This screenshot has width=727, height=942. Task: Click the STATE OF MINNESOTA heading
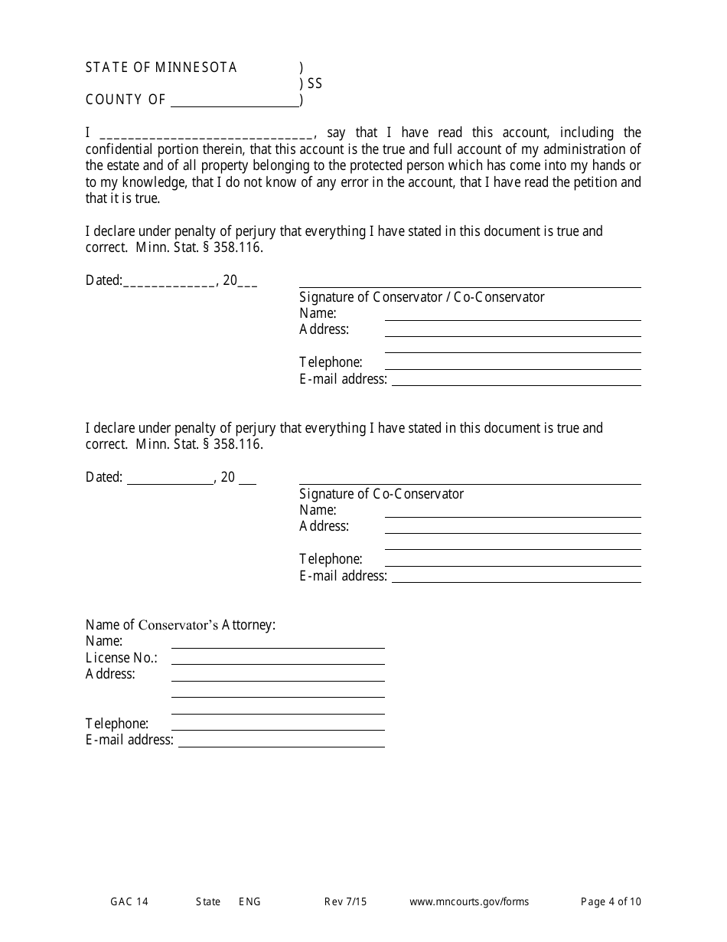pos(161,67)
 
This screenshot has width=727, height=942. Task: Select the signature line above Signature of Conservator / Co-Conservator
pos(469,286)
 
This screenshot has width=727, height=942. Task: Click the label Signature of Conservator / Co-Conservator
pos(422,297)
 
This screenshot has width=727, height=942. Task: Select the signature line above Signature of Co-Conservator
pos(469,482)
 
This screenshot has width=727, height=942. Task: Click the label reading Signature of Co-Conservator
pos(381,494)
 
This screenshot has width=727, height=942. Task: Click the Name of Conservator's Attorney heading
pos(180,625)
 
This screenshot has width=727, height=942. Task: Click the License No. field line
pos(278,662)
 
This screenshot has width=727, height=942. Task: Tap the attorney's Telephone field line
pos(278,728)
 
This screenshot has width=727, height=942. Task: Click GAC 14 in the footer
pos(129,901)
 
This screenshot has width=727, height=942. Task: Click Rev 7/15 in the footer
pos(345,901)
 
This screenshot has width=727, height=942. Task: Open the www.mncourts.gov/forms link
pos(468,901)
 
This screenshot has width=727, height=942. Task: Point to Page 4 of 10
pos(611,901)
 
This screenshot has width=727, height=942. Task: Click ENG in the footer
pos(249,901)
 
